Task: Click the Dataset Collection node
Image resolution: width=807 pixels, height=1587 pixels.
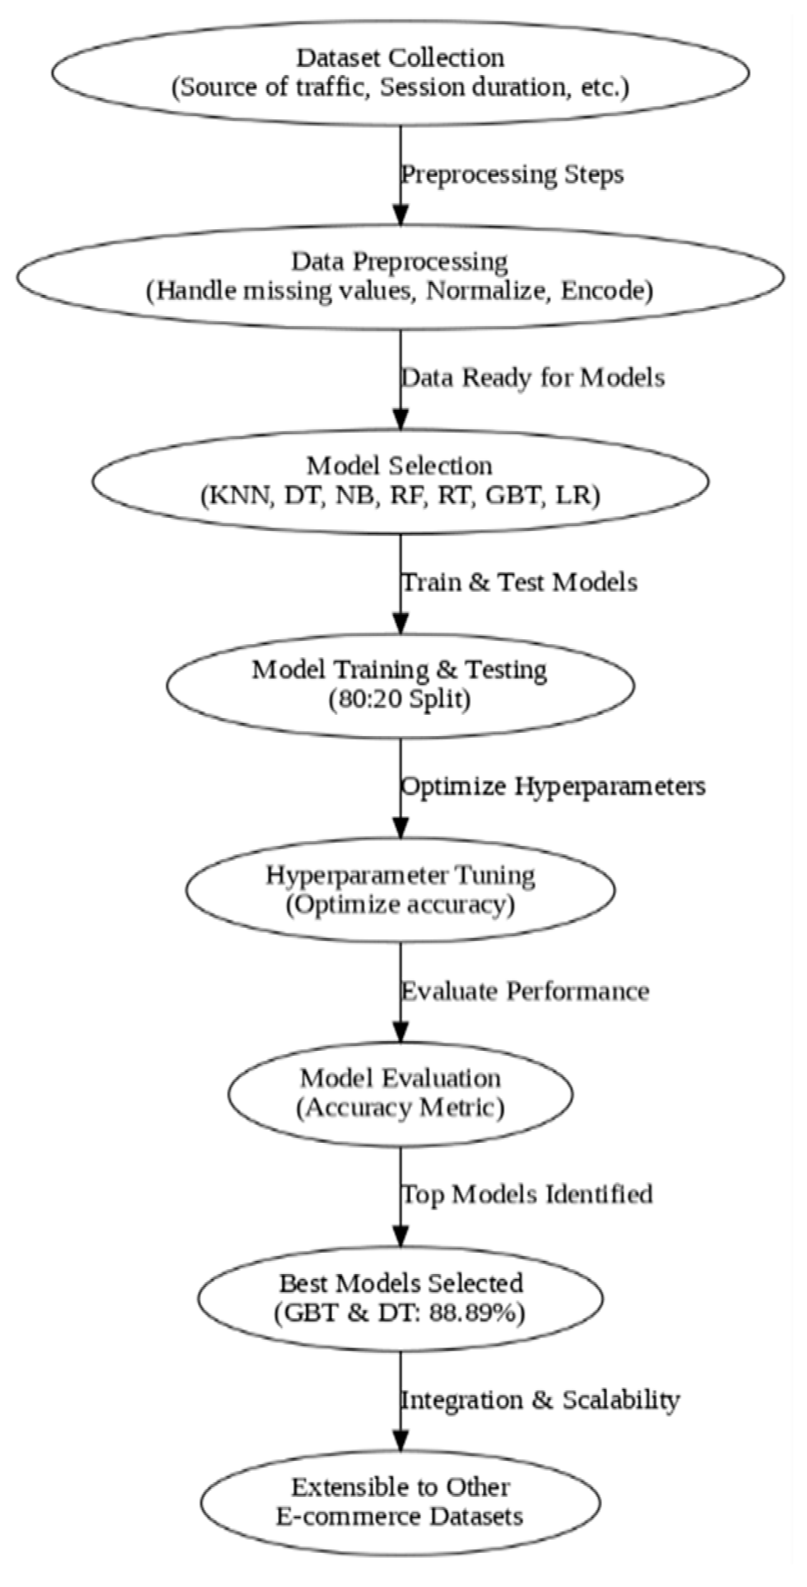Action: point(400,72)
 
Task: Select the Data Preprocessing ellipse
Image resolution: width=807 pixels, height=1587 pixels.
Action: point(400,276)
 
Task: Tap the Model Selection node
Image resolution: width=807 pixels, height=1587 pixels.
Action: point(400,480)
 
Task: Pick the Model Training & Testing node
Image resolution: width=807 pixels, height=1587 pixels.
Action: point(400,685)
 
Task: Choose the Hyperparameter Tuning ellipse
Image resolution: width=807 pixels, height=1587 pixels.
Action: point(400,888)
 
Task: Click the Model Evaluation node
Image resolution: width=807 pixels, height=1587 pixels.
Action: point(400,1093)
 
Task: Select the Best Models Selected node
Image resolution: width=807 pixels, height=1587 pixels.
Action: point(400,1297)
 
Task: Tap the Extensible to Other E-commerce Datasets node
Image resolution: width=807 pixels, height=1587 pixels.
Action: point(400,1501)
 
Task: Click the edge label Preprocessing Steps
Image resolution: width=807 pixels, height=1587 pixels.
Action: point(512,174)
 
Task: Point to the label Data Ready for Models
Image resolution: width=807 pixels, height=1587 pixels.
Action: point(532,378)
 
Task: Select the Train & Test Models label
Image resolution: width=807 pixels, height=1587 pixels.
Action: point(518,582)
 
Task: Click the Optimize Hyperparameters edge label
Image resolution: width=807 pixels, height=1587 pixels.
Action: point(553,786)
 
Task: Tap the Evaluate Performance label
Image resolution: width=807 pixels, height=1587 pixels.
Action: point(525,991)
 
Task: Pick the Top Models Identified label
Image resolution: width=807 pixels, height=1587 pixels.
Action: point(526,1195)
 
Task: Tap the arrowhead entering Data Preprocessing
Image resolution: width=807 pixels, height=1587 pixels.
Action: point(400,216)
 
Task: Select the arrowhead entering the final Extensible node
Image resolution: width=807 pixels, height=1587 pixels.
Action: point(400,1441)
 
